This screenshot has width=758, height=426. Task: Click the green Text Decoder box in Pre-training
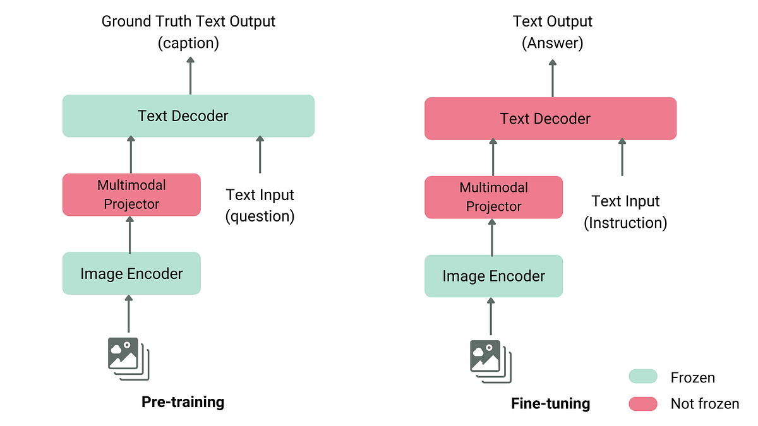point(188,115)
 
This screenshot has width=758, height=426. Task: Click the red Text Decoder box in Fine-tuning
point(550,119)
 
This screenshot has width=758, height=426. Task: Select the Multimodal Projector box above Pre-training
point(131,194)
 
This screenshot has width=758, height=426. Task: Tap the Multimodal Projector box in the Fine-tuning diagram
point(493,197)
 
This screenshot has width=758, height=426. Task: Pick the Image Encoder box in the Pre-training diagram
point(131,273)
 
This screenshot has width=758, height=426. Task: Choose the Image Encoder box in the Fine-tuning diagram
point(493,276)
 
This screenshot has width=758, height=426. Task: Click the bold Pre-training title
point(183,402)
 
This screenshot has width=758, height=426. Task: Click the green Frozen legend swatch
point(643,377)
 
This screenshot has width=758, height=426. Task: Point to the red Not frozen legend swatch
point(643,404)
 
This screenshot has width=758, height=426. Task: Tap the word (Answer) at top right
point(552,43)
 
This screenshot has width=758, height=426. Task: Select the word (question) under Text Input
point(260,216)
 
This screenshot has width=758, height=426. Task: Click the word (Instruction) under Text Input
point(625,223)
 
